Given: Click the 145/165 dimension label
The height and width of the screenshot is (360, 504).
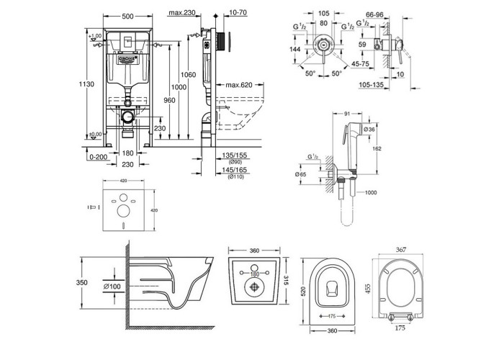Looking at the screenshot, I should coord(235,170).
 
